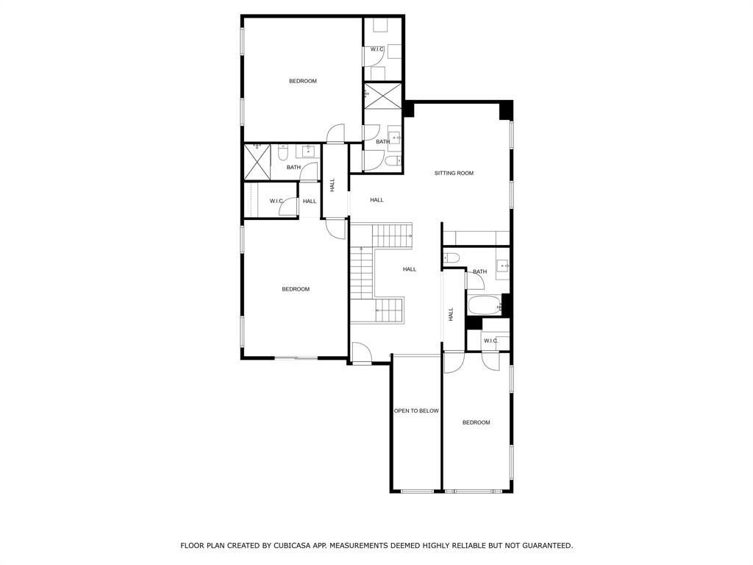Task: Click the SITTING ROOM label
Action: pyautogui.click(x=454, y=174)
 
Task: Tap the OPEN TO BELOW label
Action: pyautogui.click(x=416, y=411)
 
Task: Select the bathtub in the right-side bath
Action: pyautogui.click(x=483, y=305)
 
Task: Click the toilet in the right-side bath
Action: pyautogui.click(x=452, y=257)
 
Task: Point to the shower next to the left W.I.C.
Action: pyautogui.click(x=257, y=161)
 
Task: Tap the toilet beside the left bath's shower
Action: pyautogui.click(x=283, y=152)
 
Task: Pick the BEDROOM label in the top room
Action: pyautogui.click(x=302, y=81)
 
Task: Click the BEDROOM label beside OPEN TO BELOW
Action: pyautogui.click(x=476, y=422)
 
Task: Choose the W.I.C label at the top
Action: pyautogui.click(x=377, y=49)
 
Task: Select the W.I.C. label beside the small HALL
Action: pyautogui.click(x=277, y=201)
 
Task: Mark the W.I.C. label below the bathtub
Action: pyautogui.click(x=490, y=341)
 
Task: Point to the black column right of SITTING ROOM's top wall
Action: pyautogui.click(x=505, y=110)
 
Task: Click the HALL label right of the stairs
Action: pyautogui.click(x=410, y=269)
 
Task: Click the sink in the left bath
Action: pyautogui.click(x=307, y=152)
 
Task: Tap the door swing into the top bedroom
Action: pyautogui.click(x=335, y=133)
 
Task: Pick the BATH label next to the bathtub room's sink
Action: pyautogui.click(x=479, y=271)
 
